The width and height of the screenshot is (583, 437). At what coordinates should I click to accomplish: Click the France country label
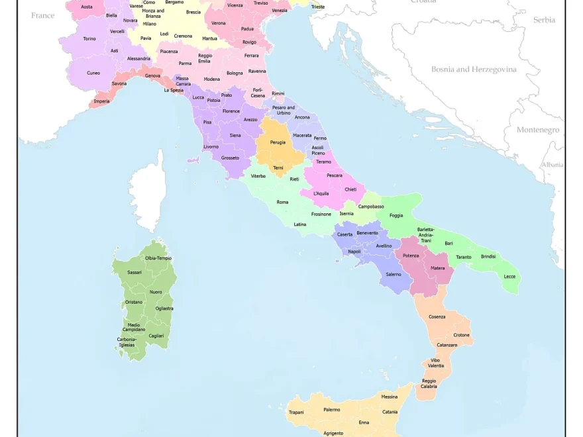pos(42,15)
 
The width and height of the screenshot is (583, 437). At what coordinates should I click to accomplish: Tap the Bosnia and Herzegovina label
pos(474,69)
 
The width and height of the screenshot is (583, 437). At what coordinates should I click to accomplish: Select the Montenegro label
pos(537,130)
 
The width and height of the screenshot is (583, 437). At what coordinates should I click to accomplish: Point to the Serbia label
pos(544,20)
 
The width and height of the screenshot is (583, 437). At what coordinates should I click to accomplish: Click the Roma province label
pos(282,202)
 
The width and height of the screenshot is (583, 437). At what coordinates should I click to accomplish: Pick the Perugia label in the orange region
pos(278,142)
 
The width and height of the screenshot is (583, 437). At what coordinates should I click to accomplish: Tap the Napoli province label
pos(354,252)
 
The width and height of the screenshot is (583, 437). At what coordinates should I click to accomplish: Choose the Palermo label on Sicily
pos(331,410)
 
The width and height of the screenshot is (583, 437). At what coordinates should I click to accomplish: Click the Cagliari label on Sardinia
pos(156,336)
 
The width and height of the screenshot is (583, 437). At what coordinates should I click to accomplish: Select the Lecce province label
pos(509,276)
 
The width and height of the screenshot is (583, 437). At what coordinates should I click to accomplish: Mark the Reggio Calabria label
pos(429,383)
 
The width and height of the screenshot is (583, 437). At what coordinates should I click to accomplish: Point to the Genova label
pos(152,75)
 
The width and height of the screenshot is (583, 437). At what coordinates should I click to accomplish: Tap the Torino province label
pos(89,39)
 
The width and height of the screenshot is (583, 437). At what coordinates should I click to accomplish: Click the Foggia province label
pos(396,215)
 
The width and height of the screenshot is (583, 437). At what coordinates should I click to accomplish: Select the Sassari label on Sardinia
pos(134,272)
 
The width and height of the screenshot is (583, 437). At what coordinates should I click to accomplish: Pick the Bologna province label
pos(235,73)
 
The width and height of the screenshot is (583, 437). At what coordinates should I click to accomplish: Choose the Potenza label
pos(411,256)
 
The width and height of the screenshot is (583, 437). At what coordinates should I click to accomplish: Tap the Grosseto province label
pos(230,158)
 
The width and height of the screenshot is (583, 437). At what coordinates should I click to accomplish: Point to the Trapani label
pos(296,413)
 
